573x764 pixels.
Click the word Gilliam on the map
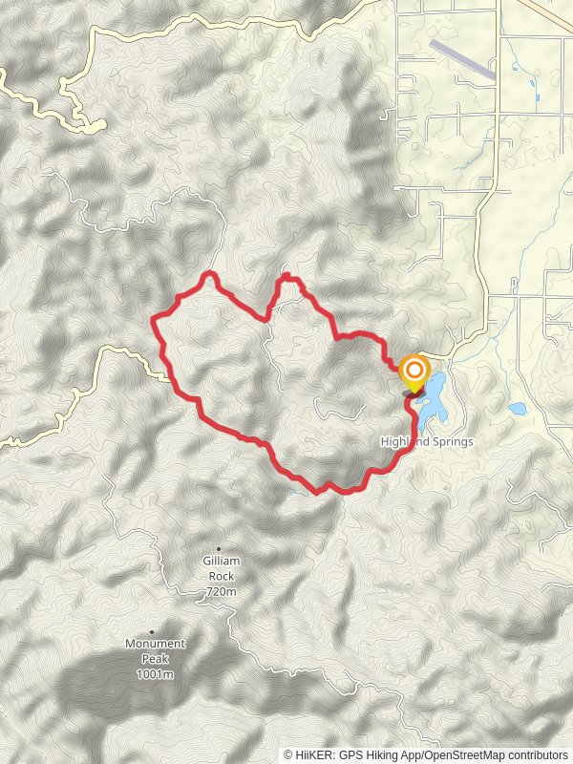(220, 562)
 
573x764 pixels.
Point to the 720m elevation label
(220, 592)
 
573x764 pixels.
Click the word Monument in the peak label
(155, 644)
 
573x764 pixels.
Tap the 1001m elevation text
(155, 675)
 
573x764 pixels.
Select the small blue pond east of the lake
(517, 409)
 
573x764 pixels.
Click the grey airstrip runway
(462, 58)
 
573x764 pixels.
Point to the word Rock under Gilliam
(220, 577)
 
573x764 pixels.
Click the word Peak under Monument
(155, 659)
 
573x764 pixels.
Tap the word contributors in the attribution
(537, 754)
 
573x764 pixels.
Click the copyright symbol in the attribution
(288, 754)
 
